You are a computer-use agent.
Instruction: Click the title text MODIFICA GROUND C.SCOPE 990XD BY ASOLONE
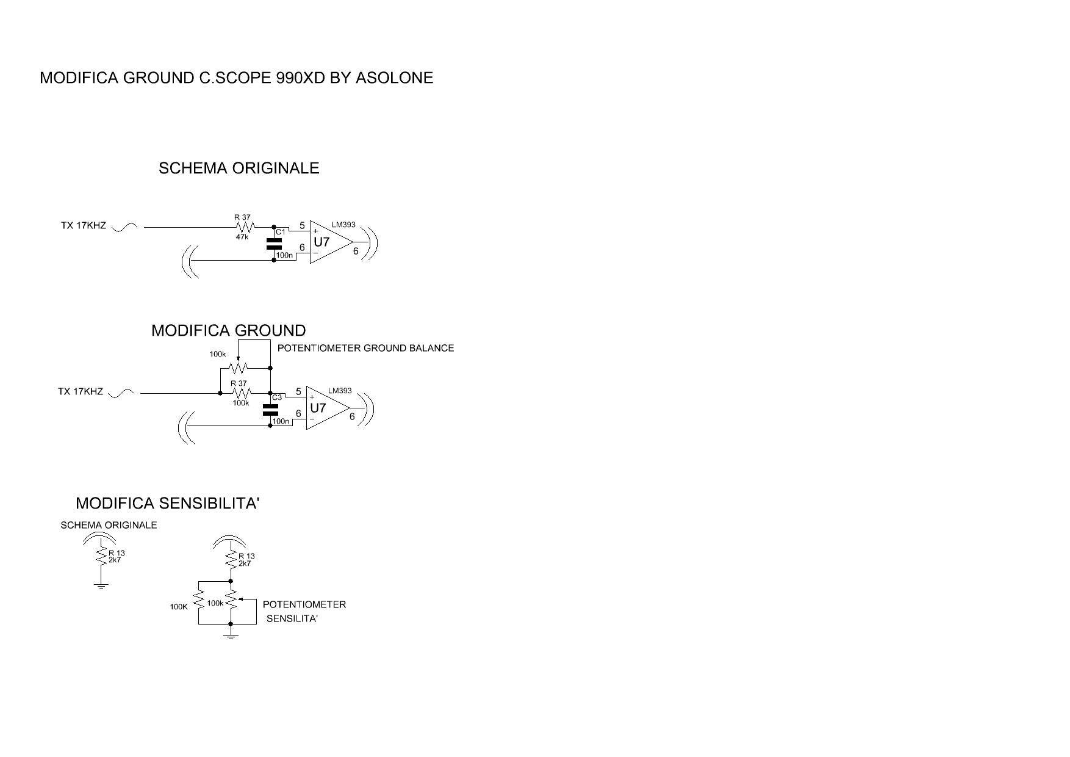click(237, 78)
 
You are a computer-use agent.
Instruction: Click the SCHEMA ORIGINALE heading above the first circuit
click(239, 168)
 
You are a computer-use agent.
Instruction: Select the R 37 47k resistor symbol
click(242, 227)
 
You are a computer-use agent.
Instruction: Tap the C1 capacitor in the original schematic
click(274, 244)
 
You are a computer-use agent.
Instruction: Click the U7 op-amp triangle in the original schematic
click(330, 242)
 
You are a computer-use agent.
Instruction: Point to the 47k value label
click(242, 237)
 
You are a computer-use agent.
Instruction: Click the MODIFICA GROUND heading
click(229, 331)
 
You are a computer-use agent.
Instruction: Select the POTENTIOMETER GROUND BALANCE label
click(366, 348)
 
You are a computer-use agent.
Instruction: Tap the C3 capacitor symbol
click(270, 410)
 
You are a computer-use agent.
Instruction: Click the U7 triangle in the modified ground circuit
click(327, 408)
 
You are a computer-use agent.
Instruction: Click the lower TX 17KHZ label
click(81, 392)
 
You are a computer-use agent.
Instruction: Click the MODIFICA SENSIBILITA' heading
click(168, 504)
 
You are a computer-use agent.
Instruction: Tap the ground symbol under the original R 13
click(101, 586)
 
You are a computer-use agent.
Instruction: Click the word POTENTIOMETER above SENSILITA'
click(304, 605)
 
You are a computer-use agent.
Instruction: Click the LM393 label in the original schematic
click(343, 225)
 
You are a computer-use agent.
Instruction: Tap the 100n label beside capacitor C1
click(284, 255)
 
